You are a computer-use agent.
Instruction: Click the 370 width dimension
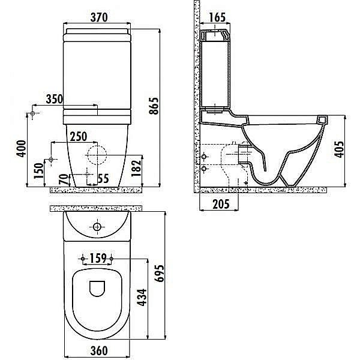(99, 17)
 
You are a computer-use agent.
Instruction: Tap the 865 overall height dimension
(154, 106)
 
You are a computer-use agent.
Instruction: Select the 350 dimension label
(55, 99)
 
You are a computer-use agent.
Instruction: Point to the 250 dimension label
(79, 137)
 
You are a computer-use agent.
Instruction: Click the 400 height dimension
(21, 149)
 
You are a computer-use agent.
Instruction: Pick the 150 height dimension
(38, 170)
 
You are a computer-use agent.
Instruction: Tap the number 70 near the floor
(64, 179)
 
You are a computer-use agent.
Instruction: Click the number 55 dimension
(103, 179)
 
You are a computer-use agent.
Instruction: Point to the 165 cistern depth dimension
(217, 17)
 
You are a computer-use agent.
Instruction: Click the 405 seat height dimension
(339, 149)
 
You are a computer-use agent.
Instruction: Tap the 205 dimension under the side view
(221, 204)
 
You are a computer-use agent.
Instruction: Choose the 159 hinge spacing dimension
(98, 258)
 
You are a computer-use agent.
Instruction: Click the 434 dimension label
(142, 298)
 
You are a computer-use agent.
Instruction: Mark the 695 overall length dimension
(159, 273)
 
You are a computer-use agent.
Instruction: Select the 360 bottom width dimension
(99, 350)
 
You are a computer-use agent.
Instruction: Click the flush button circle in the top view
(97, 227)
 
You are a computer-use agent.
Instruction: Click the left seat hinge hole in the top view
(83, 259)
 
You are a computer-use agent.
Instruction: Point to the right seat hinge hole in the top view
(112, 259)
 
